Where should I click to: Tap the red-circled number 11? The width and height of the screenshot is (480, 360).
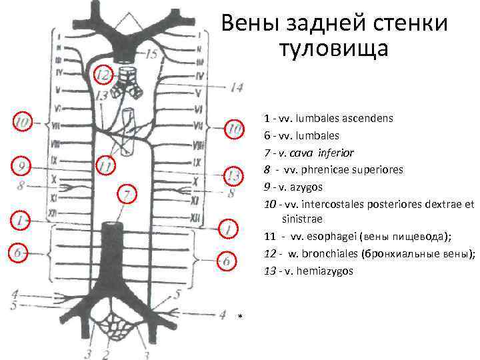105,164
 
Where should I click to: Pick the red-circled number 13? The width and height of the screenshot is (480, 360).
231,176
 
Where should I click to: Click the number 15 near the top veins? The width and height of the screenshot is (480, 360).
150,54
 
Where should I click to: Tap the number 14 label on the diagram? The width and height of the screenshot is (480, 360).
237,87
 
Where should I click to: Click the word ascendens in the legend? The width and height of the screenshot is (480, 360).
363,119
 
